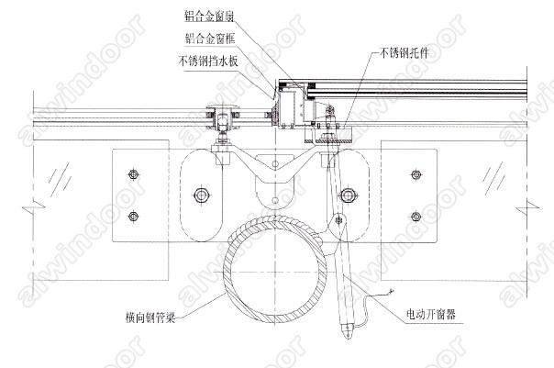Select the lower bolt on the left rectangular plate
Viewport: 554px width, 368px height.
click(x=135, y=217)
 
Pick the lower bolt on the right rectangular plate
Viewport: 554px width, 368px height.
click(x=415, y=217)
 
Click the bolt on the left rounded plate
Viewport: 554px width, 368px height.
click(x=203, y=195)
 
